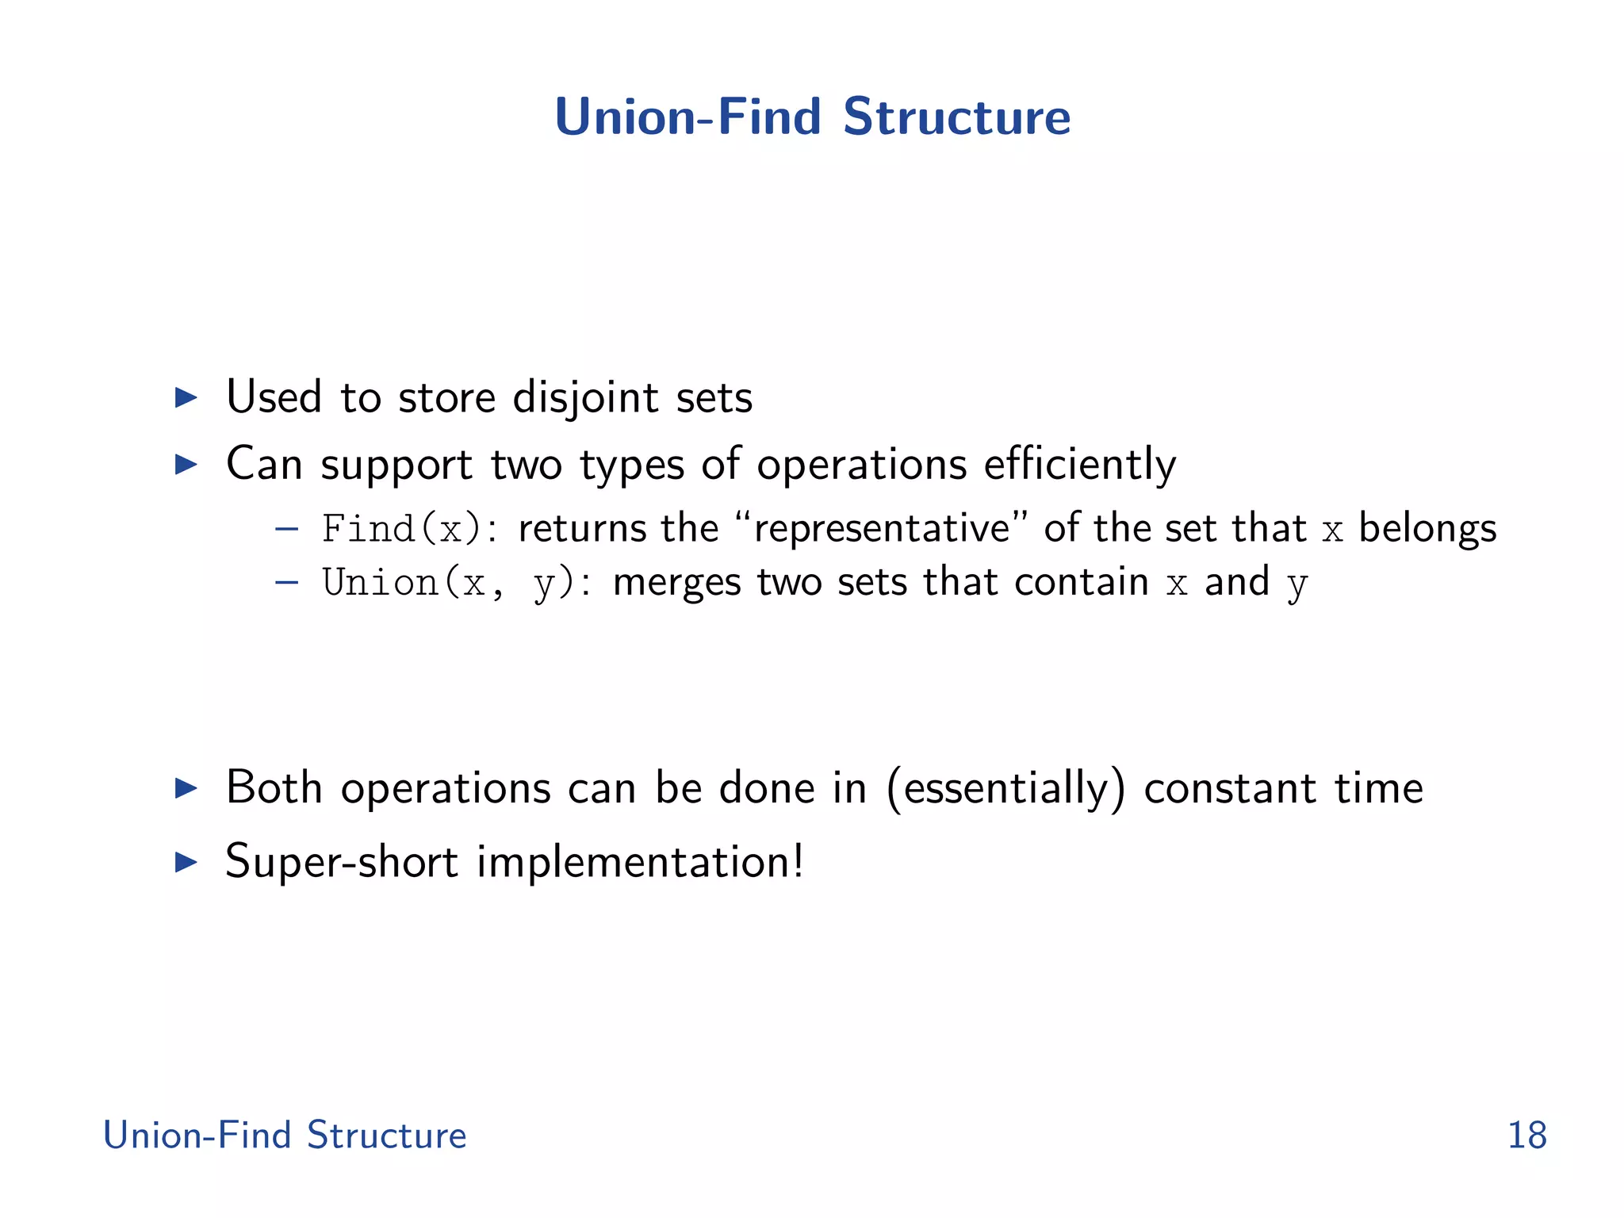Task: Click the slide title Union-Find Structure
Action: (x=812, y=117)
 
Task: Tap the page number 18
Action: (x=1526, y=1136)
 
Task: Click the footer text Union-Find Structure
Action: (x=285, y=1136)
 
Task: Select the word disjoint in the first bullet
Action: (x=585, y=397)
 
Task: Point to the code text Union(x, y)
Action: (x=449, y=584)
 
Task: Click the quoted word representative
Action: (x=883, y=529)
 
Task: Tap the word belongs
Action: (x=1427, y=529)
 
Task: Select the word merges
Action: (x=677, y=584)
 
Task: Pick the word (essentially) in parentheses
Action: (x=1005, y=789)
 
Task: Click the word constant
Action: (x=1231, y=789)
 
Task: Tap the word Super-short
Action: (x=342, y=862)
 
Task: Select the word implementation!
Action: (x=640, y=862)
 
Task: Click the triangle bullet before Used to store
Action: (x=186, y=397)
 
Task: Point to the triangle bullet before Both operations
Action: (x=186, y=788)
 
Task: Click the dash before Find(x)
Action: (x=286, y=529)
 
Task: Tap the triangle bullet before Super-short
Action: (x=186, y=862)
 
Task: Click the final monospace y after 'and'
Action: (x=1297, y=585)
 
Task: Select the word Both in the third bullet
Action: (x=274, y=788)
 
